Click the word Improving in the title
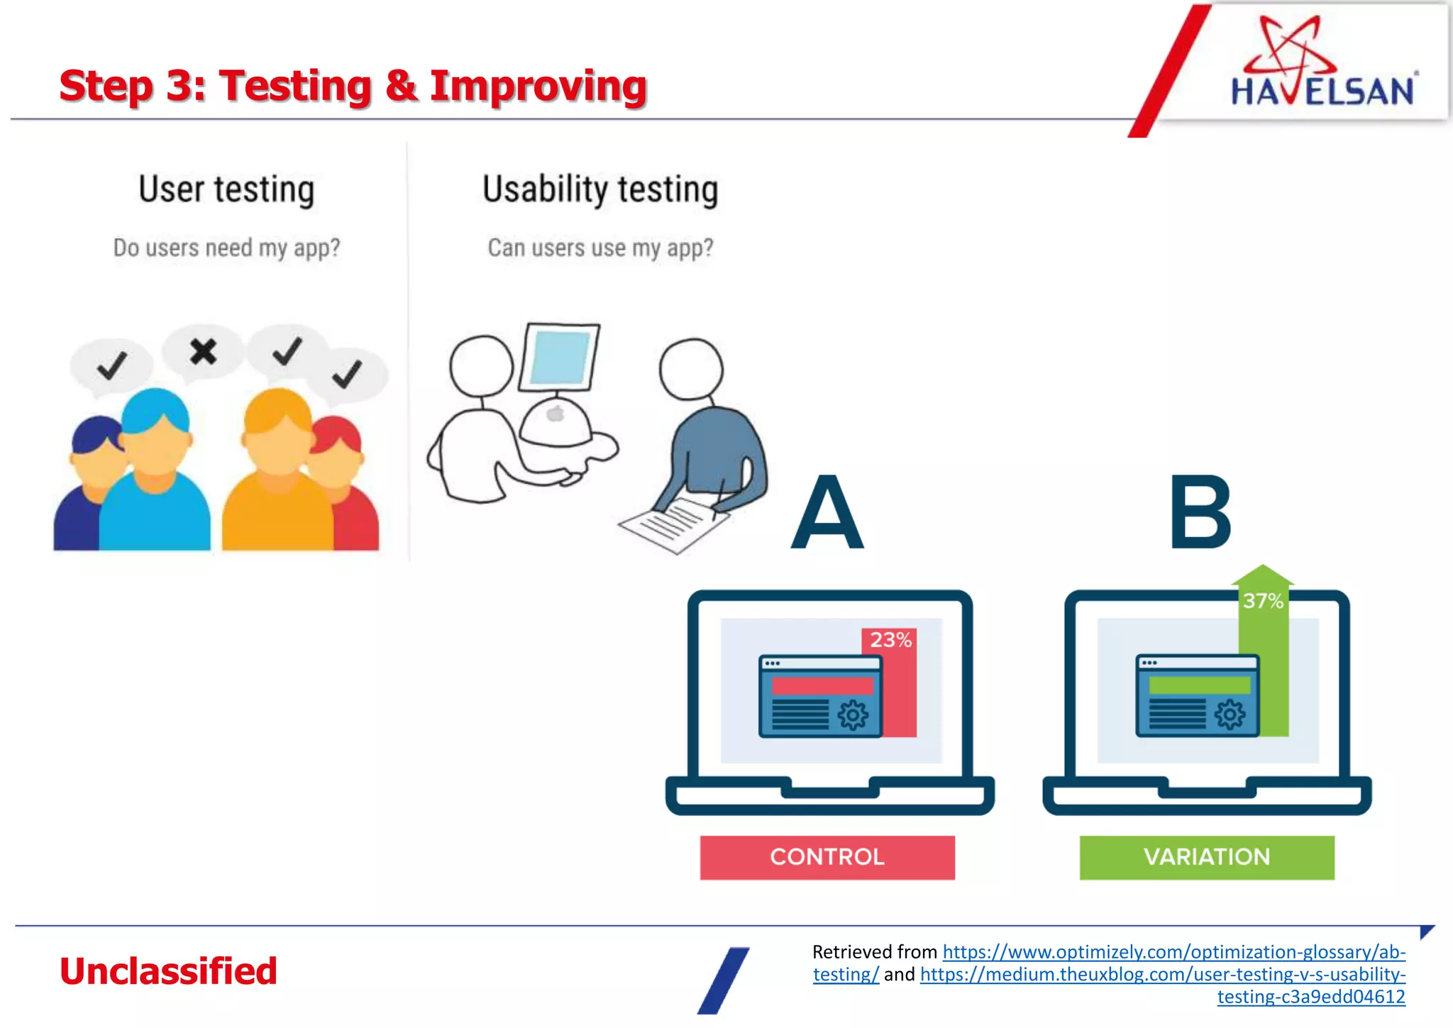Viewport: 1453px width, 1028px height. (x=538, y=86)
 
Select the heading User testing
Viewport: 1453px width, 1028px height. (x=226, y=189)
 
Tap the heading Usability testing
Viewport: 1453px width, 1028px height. (x=600, y=189)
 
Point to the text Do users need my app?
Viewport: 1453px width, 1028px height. (x=226, y=248)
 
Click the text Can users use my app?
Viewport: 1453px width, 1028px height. (x=600, y=248)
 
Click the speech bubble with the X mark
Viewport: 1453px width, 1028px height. (x=203, y=351)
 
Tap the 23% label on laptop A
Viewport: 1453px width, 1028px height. (x=890, y=640)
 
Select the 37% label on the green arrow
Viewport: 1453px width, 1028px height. (x=1263, y=601)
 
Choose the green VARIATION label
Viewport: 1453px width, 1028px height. (x=1207, y=857)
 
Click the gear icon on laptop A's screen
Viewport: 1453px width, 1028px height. (x=852, y=715)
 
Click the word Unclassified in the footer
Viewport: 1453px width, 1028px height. (x=168, y=971)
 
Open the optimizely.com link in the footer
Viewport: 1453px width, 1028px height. (x=1173, y=952)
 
